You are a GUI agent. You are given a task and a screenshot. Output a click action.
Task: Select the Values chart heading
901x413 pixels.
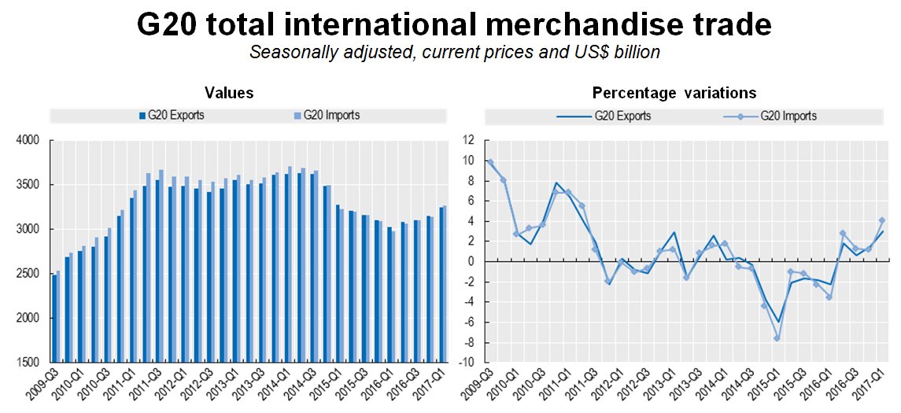(x=229, y=93)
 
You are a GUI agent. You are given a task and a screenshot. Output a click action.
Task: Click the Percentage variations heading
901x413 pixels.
(x=674, y=93)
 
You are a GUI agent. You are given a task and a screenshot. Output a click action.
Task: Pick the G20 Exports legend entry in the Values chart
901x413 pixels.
(x=170, y=116)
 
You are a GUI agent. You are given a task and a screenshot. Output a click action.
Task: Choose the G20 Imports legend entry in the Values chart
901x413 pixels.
(x=326, y=116)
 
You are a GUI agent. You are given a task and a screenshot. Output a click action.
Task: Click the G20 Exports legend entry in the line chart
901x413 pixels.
(x=611, y=116)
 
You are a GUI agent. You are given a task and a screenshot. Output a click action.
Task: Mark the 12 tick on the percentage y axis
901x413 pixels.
(x=468, y=141)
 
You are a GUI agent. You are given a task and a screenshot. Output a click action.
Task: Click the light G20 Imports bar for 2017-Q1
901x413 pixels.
(x=444, y=284)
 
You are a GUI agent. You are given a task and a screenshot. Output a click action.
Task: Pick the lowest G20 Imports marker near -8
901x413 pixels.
(x=777, y=338)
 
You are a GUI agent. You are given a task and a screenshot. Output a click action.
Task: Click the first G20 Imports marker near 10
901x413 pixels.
(x=490, y=163)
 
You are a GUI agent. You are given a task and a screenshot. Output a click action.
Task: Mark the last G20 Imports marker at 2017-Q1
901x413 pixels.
(x=882, y=220)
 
